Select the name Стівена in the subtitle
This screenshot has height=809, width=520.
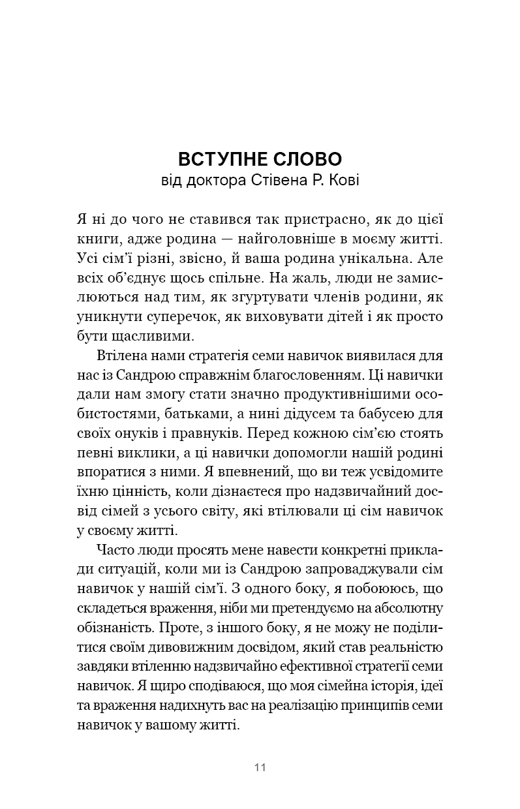click(x=281, y=179)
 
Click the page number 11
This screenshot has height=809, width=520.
click(x=260, y=767)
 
